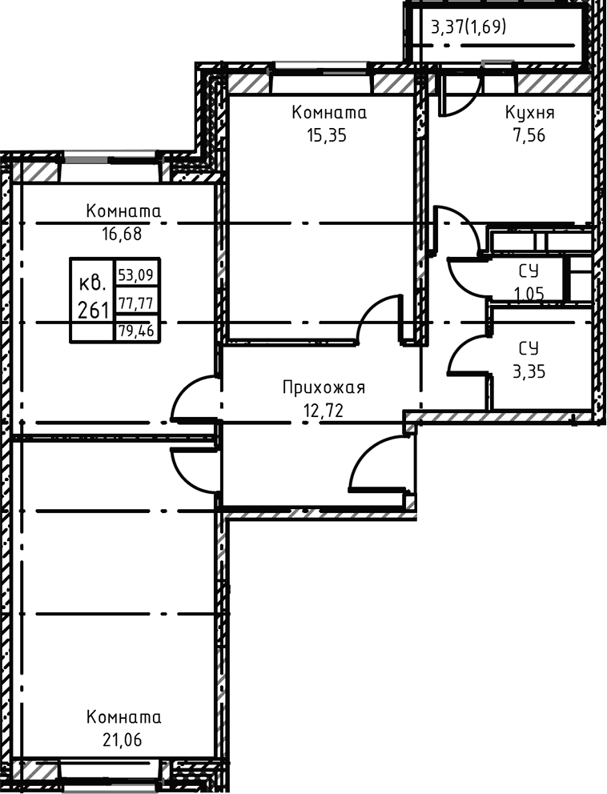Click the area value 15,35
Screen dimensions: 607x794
pyautogui.click(x=326, y=136)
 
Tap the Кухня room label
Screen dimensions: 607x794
pyautogui.click(x=529, y=113)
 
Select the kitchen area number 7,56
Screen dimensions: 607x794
pyautogui.click(x=529, y=136)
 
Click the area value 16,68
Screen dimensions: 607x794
pyautogui.click(x=122, y=234)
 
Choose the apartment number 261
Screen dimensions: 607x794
pyautogui.click(x=93, y=308)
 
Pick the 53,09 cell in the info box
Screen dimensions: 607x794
pyautogui.click(x=136, y=275)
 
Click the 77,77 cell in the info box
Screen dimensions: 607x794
pyautogui.click(x=136, y=303)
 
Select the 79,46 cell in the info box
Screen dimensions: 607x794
pyautogui.click(x=136, y=331)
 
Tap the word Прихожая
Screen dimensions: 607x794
pyautogui.click(x=324, y=388)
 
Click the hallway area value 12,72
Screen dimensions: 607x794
pyautogui.click(x=324, y=410)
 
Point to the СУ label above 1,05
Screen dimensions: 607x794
pyautogui.click(x=529, y=271)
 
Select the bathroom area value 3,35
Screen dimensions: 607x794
pyautogui.click(x=529, y=371)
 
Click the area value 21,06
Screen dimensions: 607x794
pyautogui.click(x=122, y=740)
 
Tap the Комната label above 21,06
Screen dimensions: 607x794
pyautogui.click(x=123, y=717)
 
